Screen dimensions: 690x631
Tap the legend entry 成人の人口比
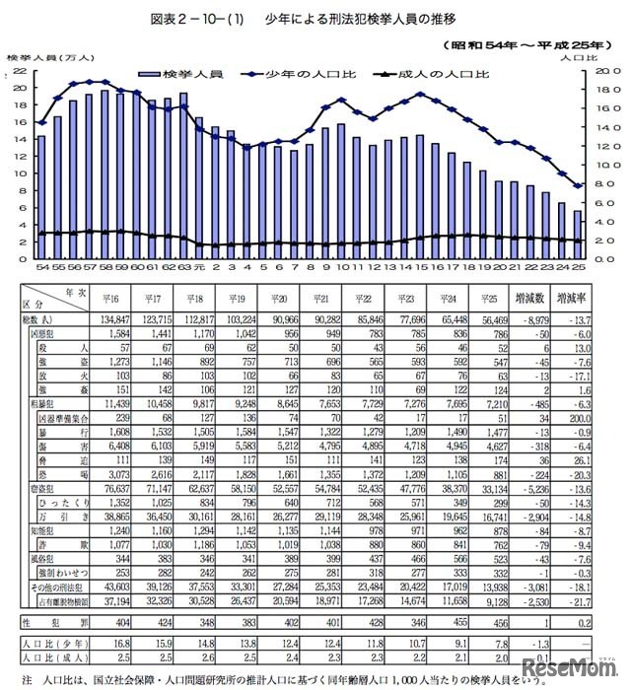(433, 75)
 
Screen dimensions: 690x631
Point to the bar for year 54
(41, 197)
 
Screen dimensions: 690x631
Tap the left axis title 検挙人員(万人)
(43, 57)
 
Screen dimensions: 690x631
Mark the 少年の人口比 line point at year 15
(420, 95)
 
